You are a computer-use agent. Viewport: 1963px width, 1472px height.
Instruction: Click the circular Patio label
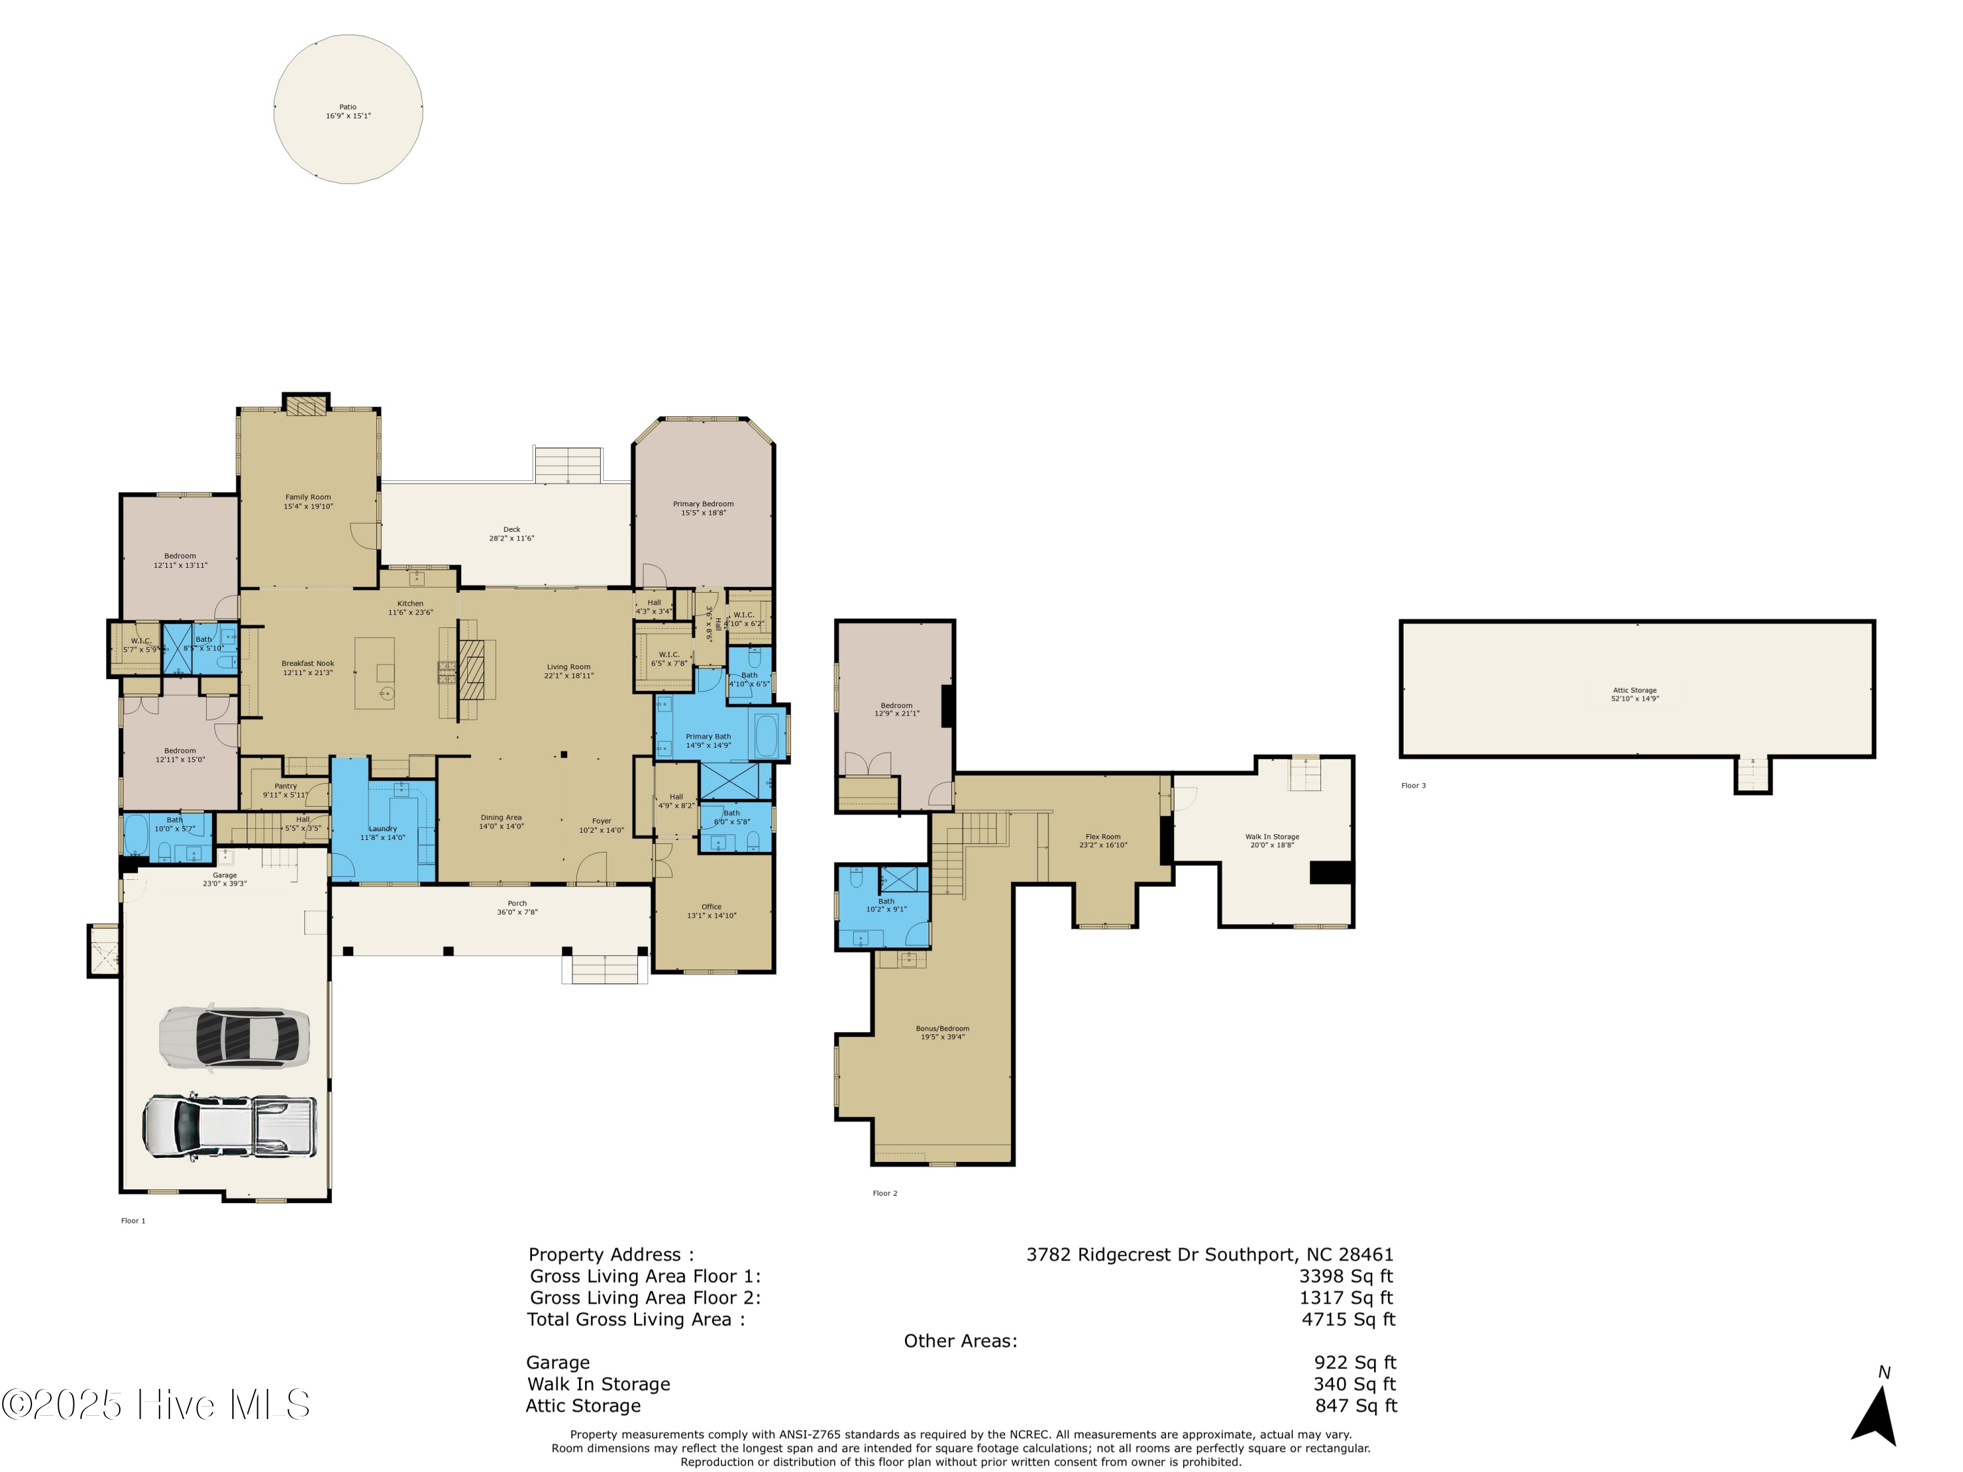point(348,107)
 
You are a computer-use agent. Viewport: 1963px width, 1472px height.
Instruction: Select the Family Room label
point(308,498)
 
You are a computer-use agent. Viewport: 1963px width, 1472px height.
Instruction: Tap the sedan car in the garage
point(234,1036)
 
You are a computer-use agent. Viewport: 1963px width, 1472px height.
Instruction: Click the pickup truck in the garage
point(230,1126)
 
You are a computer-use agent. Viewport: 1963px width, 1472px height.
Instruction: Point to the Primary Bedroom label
point(703,504)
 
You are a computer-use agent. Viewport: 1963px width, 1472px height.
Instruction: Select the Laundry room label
point(383,829)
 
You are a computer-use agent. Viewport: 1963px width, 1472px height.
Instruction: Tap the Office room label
point(711,907)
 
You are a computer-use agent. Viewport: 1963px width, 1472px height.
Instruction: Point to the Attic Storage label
point(1635,690)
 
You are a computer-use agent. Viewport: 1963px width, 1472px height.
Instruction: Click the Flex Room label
point(1103,837)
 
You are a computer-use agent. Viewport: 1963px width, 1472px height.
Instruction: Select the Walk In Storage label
point(1271,837)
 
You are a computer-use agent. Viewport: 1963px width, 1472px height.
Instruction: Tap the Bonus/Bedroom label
point(942,1028)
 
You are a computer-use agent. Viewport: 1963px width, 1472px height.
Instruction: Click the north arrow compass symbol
point(1876,1414)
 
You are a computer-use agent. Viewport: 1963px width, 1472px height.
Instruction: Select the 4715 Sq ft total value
point(1348,1320)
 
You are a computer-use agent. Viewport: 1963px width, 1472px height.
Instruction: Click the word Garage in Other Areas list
point(557,1363)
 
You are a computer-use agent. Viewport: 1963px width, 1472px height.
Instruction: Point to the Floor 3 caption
point(1413,785)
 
